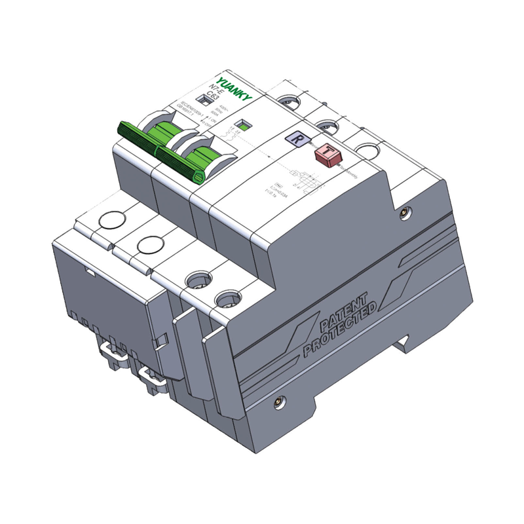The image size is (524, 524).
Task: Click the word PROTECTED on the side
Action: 341,333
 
